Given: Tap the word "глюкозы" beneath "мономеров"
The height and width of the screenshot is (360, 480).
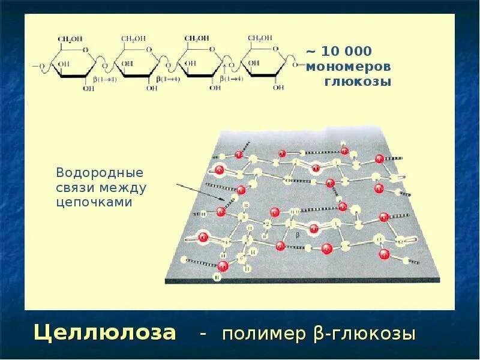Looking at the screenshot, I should tap(358, 81).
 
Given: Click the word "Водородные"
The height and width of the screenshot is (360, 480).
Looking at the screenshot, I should tap(100, 173).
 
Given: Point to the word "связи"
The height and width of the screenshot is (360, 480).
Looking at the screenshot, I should tap(73, 188).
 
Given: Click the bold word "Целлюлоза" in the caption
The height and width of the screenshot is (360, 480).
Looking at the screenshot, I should tap(105, 332).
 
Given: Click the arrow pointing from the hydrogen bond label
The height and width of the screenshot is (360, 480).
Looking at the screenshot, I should tap(204, 190).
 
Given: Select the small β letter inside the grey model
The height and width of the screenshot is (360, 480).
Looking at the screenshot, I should tap(296, 235).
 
